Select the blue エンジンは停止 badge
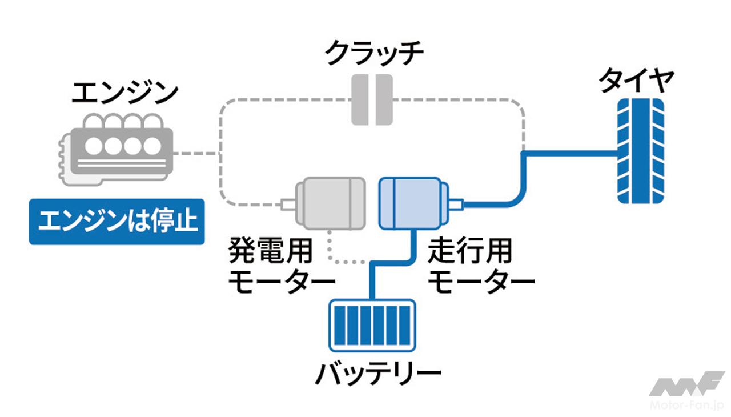click(x=117, y=222)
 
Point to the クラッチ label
click(x=375, y=55)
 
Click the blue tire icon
click(x=641, y=151)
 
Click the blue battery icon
click(x=372, y=326)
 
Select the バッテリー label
click(x=378, y=373)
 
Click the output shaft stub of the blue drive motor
click(x=457, y=203)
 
